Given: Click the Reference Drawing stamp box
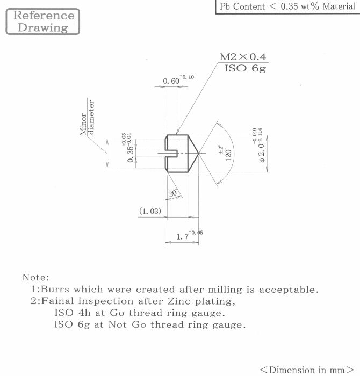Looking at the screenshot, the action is coord(42,21).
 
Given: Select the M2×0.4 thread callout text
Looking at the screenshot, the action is coord(243,57).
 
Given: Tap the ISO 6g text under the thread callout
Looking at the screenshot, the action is coord(245,68).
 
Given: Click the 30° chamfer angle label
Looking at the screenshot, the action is coord(173,193).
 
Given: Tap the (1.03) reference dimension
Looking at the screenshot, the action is coord(150,211).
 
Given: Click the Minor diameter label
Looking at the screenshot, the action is coord(87,118).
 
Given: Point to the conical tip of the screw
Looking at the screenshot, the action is coord(198,153).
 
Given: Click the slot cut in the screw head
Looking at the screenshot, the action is coord(171,153).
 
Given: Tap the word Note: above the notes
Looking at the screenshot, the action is coord(36,278).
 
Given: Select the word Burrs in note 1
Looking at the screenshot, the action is coord(55,289).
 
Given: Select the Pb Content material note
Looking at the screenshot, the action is coord(287,6).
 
